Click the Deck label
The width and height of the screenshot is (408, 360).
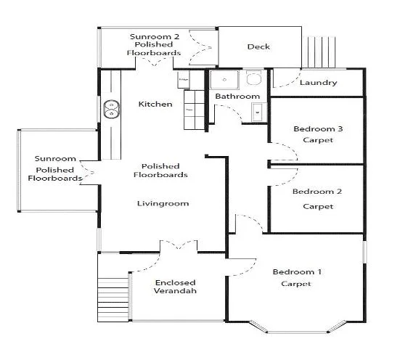coord(258,47)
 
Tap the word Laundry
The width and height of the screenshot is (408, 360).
coord(318,83)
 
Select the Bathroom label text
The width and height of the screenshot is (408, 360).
coord(237,97)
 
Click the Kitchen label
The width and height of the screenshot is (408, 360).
coord(155,105)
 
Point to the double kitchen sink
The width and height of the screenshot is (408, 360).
coord(111,109)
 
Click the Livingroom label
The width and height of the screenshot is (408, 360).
coord(163,203)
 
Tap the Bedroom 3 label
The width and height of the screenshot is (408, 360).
coord(318,129)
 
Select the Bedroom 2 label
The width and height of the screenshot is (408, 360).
coord(317,192)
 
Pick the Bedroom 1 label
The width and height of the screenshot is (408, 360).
coord(297,272)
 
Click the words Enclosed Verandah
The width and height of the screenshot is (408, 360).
coord(175,287)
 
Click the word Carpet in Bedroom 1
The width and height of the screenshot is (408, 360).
coord(296,284)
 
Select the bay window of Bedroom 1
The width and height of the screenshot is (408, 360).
coord(296,330)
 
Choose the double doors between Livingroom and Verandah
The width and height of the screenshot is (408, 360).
coord(178,247)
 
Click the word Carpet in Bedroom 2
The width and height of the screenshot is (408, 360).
coord(318,207)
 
